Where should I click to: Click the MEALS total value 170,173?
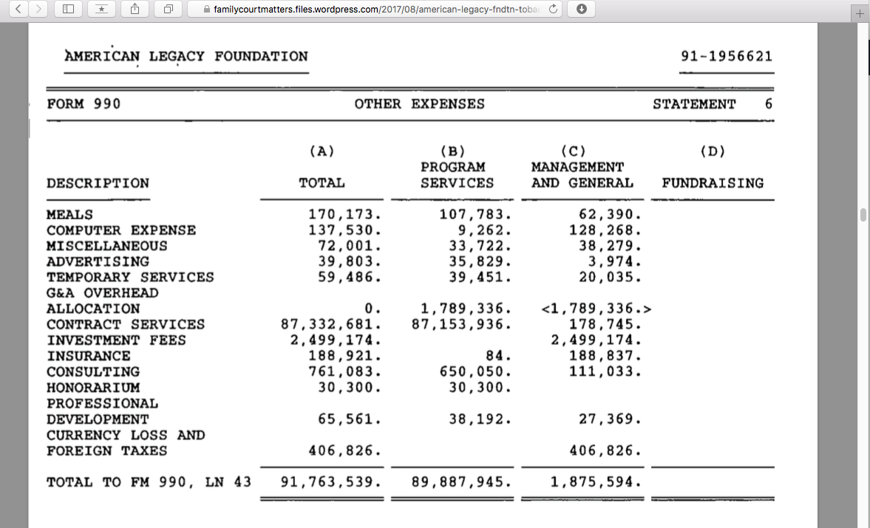pos(344,215)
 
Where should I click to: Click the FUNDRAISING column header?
pos(713,183)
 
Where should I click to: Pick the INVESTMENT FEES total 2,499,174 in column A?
pos(335,340)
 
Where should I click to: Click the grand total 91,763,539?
pos(331,482)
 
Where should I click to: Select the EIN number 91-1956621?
pos(726,57)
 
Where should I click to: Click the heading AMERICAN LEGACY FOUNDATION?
pos(186,56)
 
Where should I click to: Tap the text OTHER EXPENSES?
pos(419,104)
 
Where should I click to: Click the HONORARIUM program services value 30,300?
pos(480,388)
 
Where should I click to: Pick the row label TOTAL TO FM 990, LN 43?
pos(149,482)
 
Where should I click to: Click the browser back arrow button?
pos(18,9)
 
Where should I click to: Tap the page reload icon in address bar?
pos(552,9)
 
